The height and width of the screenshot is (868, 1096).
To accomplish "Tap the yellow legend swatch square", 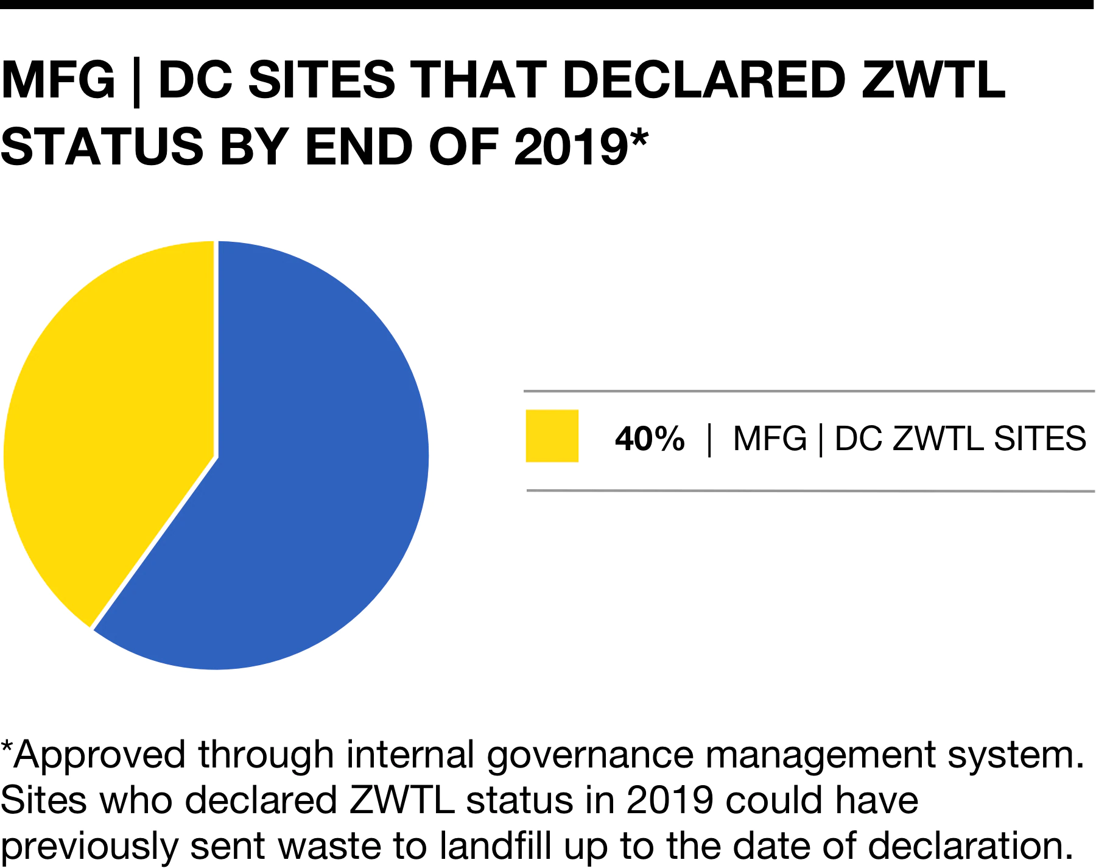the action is point(552,436).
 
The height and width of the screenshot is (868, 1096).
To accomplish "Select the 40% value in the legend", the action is point(650,439).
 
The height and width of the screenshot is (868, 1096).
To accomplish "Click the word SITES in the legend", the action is point(1040,439).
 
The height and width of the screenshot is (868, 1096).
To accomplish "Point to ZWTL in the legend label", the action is point(938,439).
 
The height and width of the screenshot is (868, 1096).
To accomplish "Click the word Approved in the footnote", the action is point(99,755).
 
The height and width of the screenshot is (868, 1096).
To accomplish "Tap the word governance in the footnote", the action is point(590,756).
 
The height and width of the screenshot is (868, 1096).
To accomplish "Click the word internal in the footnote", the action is point(410,755).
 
